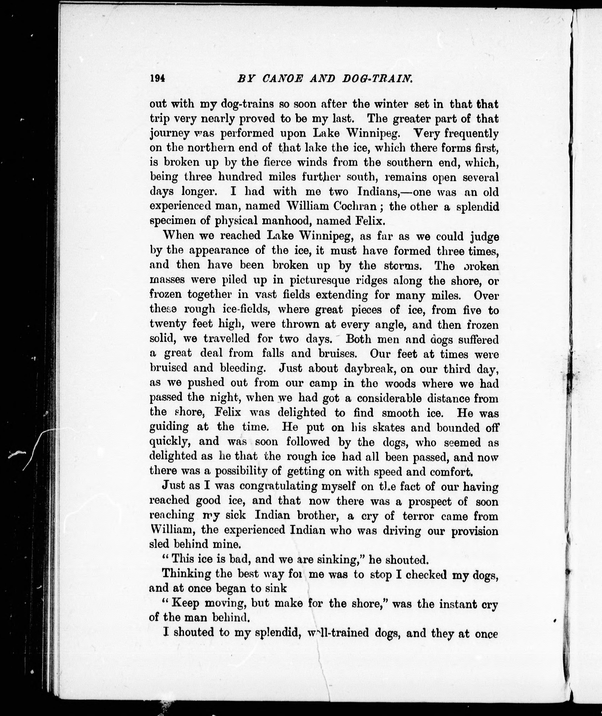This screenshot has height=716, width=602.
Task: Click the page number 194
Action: (x=157, y=78)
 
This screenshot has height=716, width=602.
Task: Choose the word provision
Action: (x=475, y=530)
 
